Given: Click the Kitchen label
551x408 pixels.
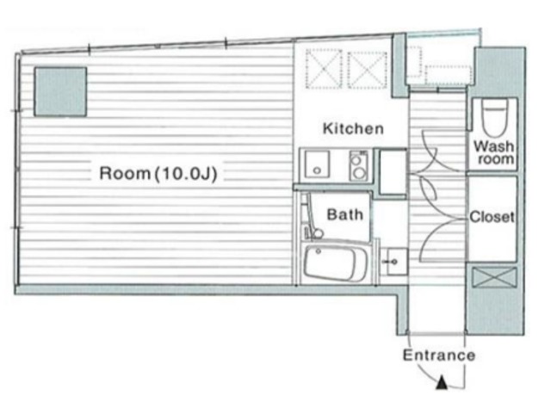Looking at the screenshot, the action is (x=353, y=128).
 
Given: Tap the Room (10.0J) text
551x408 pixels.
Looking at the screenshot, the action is (x=158, y=173).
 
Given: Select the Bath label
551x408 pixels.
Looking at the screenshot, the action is (x=344, y=214).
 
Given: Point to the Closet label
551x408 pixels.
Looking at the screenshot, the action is (x=492, y=217).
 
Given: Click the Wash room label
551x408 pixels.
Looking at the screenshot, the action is (x=493, y=152).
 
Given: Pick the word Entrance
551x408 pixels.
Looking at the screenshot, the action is (x=439, y=355).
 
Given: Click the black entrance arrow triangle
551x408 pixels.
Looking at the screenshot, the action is (x=442, y=383).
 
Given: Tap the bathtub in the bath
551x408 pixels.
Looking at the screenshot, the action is (x=336, y=263).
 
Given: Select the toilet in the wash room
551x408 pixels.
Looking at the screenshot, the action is (x=495, y=117).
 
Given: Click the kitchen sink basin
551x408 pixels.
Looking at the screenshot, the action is (x=317, y=164).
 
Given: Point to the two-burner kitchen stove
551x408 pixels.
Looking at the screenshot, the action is (x=358, y=165).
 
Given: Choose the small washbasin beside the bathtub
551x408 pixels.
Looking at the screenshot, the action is (x=394, y=262).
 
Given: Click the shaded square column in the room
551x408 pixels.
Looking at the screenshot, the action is (x=60, y=92).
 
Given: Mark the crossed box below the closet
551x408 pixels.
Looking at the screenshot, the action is (x=494, y=278).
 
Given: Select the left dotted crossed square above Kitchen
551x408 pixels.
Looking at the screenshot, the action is (x=324, y=69).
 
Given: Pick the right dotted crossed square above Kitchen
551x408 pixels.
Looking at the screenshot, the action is (x=368, y=70).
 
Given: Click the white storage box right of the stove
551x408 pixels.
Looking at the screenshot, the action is (x=393, y=172).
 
